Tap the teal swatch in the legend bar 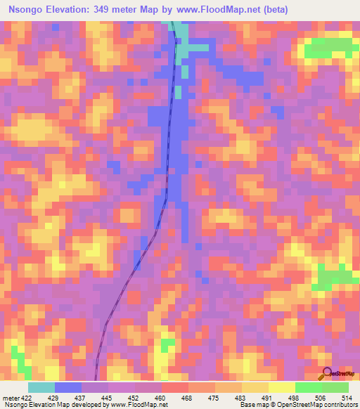41,387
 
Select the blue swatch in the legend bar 68,387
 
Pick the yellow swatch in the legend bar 282,387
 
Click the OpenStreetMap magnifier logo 327,374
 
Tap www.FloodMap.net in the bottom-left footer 134,405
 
